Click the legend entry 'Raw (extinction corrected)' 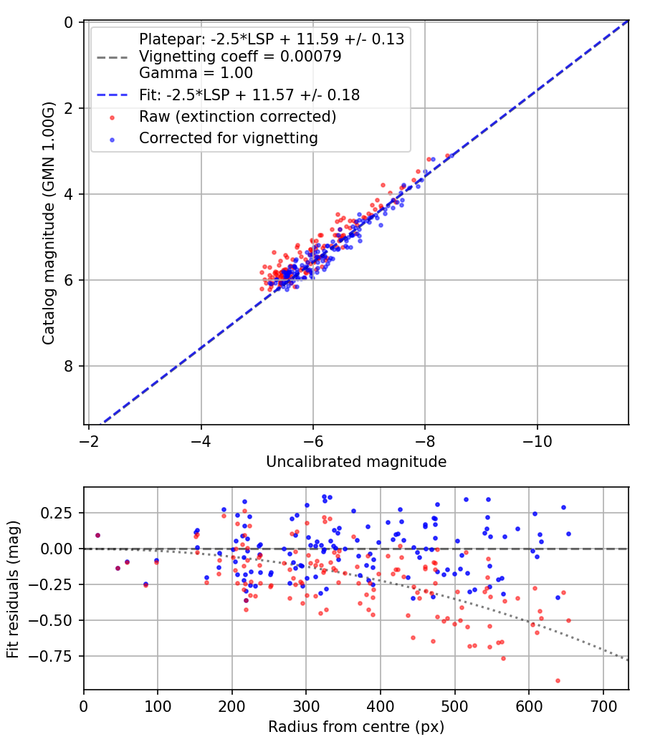[x=237, y=116]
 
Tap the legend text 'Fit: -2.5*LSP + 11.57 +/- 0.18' [x=249, y=95]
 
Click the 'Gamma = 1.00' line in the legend [x=196, y=73]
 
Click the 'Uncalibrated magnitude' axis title [x=356, y=462]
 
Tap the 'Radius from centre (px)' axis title [x=356, y=727]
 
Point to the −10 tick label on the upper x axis [x=537, y=441]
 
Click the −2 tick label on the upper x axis [x=88, y=441]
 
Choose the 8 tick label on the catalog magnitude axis [x=69, y=366]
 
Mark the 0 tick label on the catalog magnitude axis [x=69, y=23]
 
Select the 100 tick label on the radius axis [x=158, y=707]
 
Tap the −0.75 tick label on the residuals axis [x=57, y=655]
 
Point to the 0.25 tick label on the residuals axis [x=60, y=513]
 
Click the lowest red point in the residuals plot [x=558, y=680]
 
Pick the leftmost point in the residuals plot [x=97, y=535]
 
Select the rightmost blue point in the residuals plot [x=568, y=534]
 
